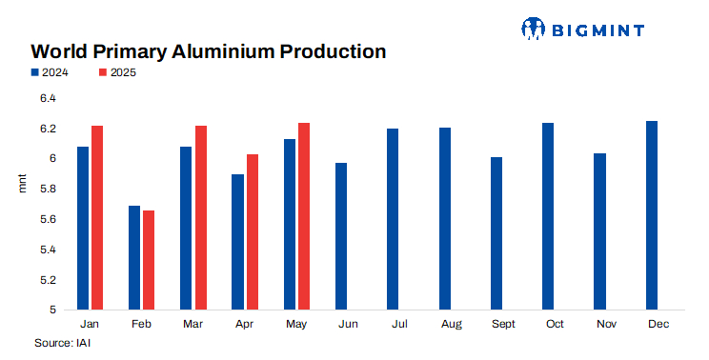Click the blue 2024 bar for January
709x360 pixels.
83,229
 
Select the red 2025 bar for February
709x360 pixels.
149,260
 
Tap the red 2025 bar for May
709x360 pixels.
304,216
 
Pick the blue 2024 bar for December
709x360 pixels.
652,215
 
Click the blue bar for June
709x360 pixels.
341,236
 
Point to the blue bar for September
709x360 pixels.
496,233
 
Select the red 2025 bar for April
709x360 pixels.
253,231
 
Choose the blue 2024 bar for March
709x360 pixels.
186,229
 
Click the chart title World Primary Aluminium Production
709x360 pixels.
208,51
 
